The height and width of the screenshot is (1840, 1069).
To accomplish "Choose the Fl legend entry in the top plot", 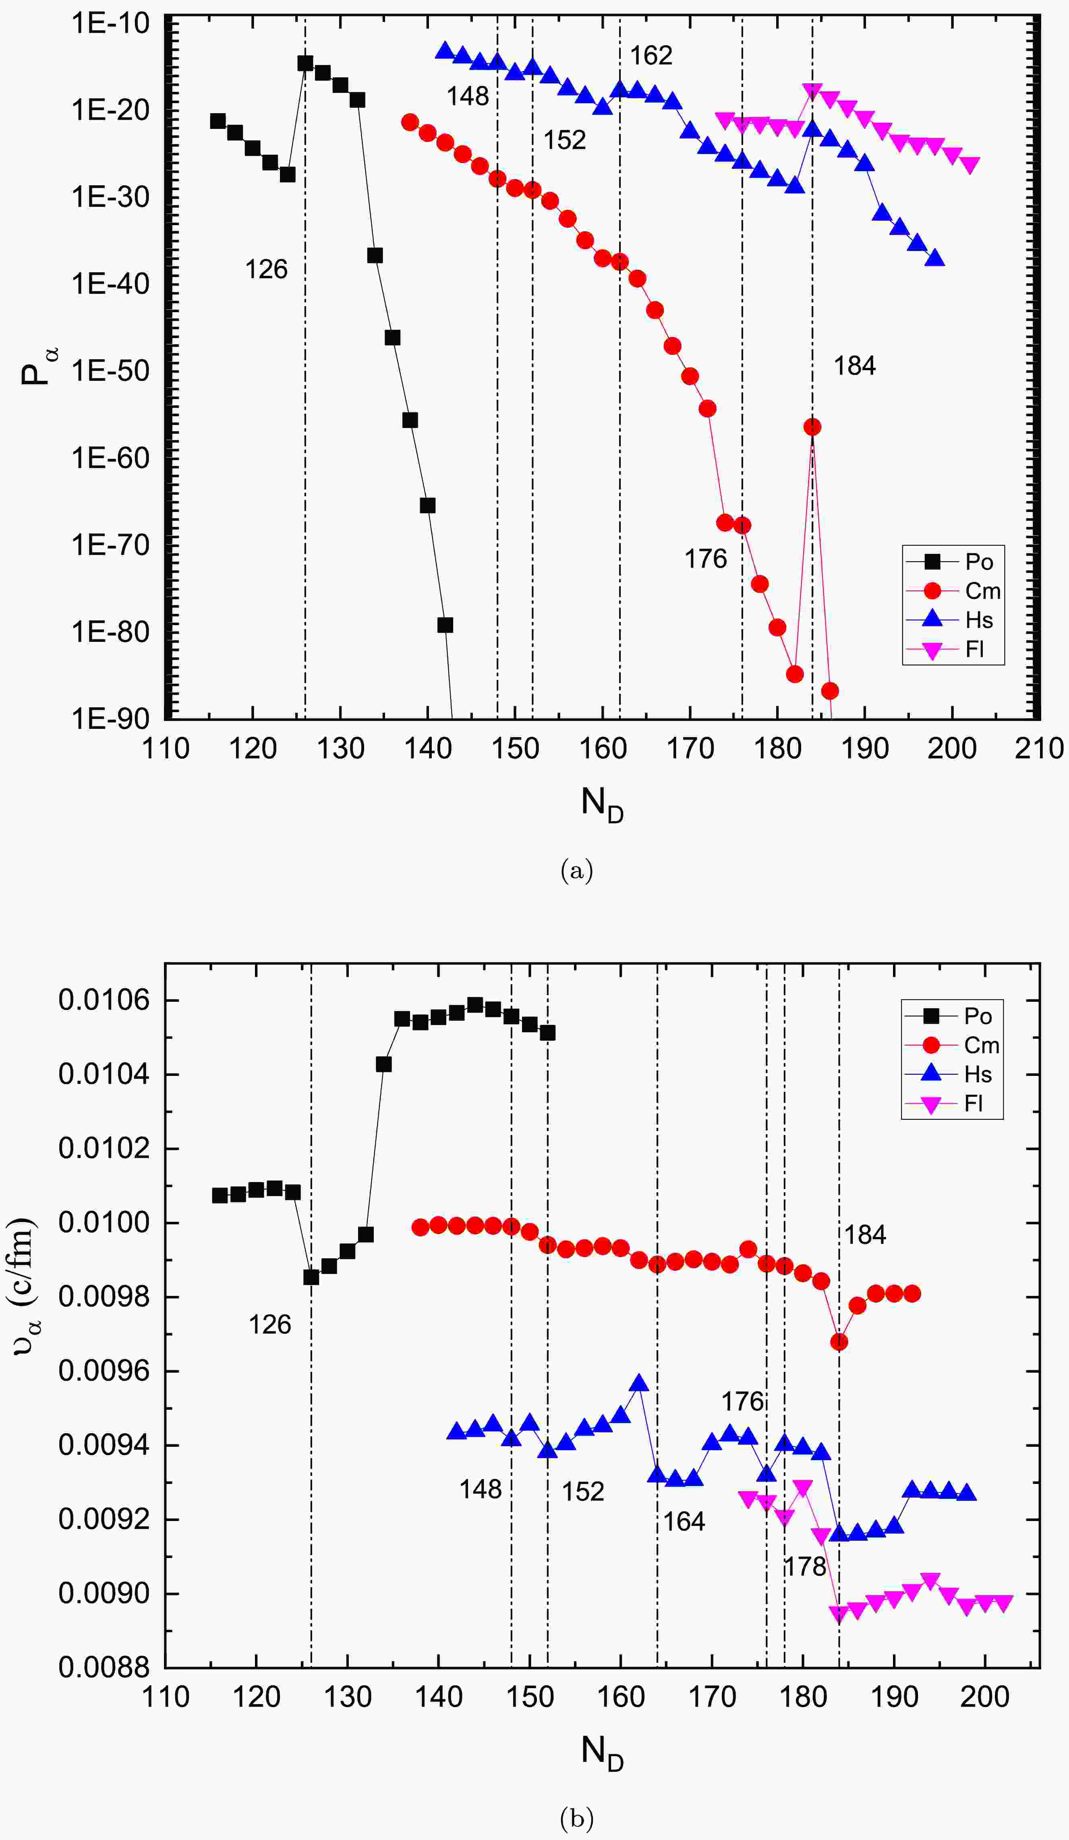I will (x=974, y=649).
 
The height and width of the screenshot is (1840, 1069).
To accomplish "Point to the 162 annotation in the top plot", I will (x=651, y=56).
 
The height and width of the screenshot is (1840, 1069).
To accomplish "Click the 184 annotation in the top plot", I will (x=854, y=366).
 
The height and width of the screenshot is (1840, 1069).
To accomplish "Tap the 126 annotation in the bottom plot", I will (x=269, y=1324).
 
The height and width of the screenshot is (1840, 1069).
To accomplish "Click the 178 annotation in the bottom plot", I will (x=805, y=1567).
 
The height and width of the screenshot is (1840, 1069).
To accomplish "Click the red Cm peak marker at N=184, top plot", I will (x=812, y=427).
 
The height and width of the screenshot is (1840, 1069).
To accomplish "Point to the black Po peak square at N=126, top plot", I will (x=305, y=63).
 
